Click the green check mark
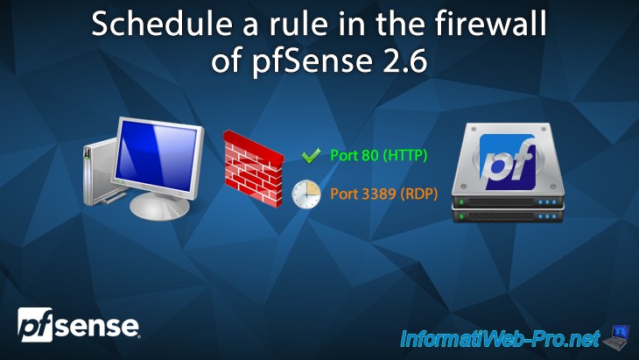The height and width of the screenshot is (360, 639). tap(312, 156)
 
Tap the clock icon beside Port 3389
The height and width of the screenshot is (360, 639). tap(306, 194)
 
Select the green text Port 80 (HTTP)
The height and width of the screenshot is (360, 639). tap(378, 156)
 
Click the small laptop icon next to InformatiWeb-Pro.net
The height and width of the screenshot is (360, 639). tap(619, 334)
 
